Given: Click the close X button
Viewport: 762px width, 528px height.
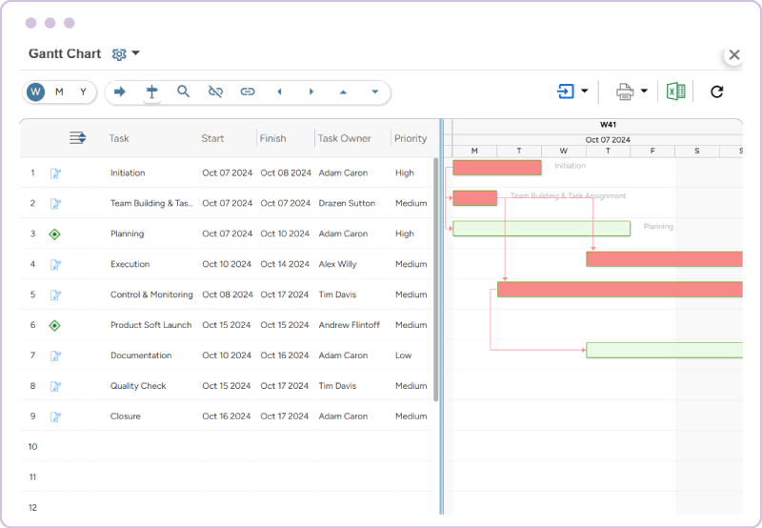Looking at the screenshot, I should pos(733,55).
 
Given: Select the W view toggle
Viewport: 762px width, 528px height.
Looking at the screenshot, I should pos(36,91).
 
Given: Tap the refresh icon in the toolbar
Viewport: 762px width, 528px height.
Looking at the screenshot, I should pos(717,91).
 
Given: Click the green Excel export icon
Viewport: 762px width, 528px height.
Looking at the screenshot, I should pos(675,91).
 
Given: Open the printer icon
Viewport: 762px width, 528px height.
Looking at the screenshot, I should pos(625,91).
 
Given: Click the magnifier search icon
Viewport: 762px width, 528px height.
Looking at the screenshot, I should pos(184,91).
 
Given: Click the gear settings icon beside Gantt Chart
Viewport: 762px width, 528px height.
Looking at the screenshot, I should pos(119,54).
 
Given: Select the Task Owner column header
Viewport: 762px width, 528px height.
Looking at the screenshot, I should pos(345,138).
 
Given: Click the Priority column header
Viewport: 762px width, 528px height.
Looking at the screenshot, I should pos(411,138).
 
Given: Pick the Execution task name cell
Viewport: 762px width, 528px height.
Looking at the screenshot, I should pos(130,264).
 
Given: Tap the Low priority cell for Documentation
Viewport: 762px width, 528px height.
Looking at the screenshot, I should pos(404,355).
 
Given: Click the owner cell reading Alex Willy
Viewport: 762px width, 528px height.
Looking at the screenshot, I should pos(338,264).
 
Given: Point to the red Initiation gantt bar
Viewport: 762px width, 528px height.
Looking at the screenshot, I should pos(496,168).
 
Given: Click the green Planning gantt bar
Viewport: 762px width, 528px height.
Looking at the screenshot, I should pos(541,228).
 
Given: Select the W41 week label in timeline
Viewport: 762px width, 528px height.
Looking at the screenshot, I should pos(608,125).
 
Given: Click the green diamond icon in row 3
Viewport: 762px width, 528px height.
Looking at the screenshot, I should pos(55,234).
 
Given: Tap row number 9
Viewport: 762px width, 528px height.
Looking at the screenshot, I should pos(32,416).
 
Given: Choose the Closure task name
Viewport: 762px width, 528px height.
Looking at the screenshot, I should pos(126,416).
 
